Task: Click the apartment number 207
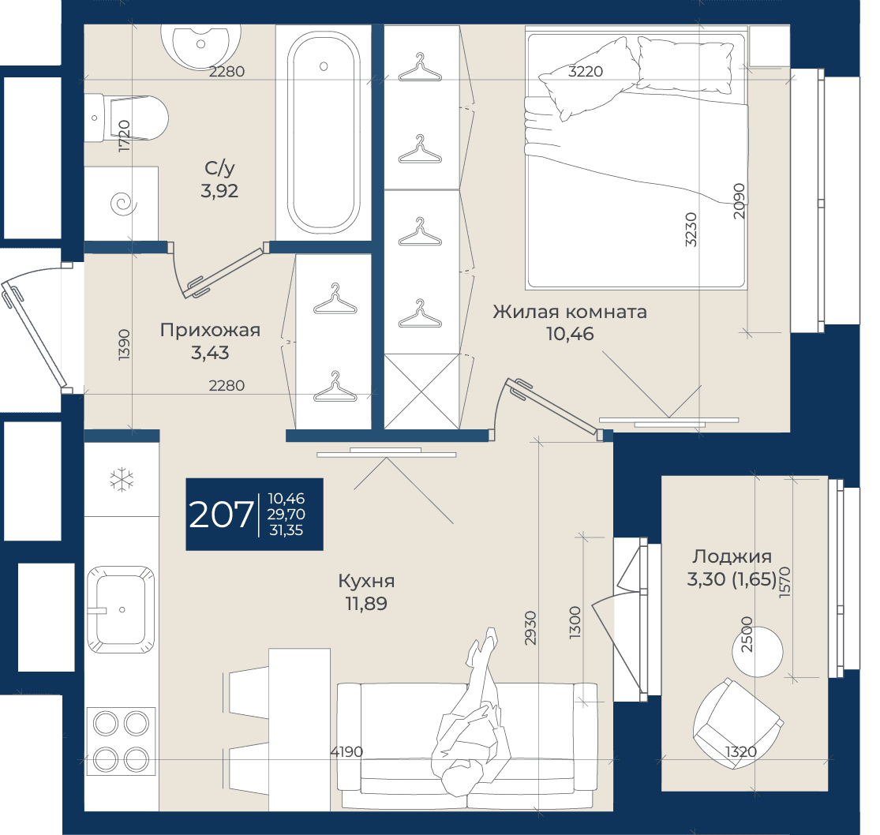click(x=221, y=515)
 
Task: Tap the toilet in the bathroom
click(x=126, y=118)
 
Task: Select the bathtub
click(x=324, y=133)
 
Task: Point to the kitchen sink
click(x=121, y=609)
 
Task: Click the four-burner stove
click(x=121, y=741)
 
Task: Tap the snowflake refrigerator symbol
click(x=122, y=481)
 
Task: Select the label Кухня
click(x=366, y=581)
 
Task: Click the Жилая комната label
click(x=570, y=312)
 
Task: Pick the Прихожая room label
click(x=210, y=330)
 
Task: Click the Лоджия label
click(x=732, y=556)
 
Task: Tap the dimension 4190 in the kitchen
click(x=346, y=751)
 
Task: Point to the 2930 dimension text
click(x=530, y=627)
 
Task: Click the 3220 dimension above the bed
click(x=586, y=71)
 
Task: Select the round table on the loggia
click(x=757, y=652)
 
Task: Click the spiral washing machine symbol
click(x=123, y=203)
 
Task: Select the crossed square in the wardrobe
click(x=421, y=391)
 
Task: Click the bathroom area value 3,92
click(x=219, y=191)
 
